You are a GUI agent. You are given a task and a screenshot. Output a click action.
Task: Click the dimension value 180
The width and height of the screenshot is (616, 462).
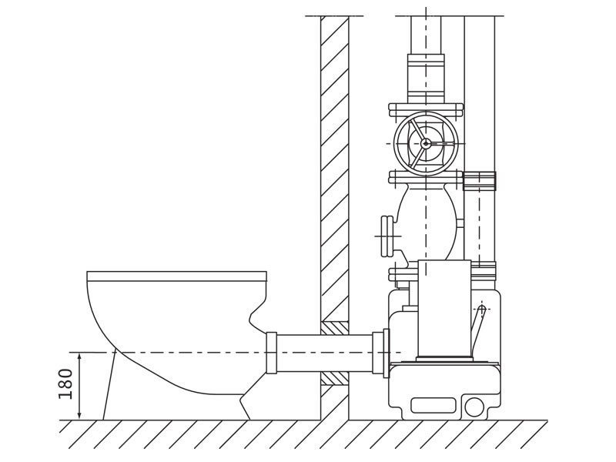pyautogui.click(x=66, y=383)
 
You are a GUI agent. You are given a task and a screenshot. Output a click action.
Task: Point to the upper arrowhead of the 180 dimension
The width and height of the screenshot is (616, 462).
pyautogui.click(x=79, y=356)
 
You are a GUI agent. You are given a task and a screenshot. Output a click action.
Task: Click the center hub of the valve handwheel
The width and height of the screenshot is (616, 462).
pyautogui.click(x=426, y=143)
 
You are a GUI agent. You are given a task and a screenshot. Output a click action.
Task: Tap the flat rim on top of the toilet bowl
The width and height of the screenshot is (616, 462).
pyautogui.click(x=176, y=276)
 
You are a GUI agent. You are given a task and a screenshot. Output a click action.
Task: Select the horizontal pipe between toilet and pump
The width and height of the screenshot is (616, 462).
pyautogui.click(x=323, y=353)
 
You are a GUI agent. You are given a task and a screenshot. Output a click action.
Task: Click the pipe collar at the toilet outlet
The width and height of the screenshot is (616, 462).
pyautogui.click(x=271, y=353)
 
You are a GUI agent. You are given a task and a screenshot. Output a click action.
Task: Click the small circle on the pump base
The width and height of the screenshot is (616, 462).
pyautogui.click(x=474, y=407)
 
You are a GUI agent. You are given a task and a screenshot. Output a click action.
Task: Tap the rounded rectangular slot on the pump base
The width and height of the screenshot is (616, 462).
pyautogui.click(x=433, y=405)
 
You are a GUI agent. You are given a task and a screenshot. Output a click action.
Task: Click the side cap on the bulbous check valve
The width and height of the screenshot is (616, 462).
pyautogui.click(x=387, y=236)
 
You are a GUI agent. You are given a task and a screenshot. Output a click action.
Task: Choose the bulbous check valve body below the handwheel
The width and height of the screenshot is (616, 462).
pyautogui.click(x=427, y=223)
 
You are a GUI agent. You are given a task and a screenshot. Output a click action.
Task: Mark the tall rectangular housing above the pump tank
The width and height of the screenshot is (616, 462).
pyautogui.click(x=444, y=308)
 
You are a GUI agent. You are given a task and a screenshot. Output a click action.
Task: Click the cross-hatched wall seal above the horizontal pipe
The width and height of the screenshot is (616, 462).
pyautogui.click(x=334, y=328)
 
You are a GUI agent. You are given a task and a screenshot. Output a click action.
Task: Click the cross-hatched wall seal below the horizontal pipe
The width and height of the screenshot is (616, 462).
pyautogui.click(x=334, y=378)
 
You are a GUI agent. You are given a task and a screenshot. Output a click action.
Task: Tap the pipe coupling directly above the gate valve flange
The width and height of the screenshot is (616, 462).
pyautogui.click(x=426, y=78)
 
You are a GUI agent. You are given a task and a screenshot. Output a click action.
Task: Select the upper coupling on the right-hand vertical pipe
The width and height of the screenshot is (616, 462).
pyautogui.click(x=479, y=181)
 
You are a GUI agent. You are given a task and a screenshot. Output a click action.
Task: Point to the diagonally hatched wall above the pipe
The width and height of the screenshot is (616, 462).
pyautogui.click(x=334, y=154)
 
